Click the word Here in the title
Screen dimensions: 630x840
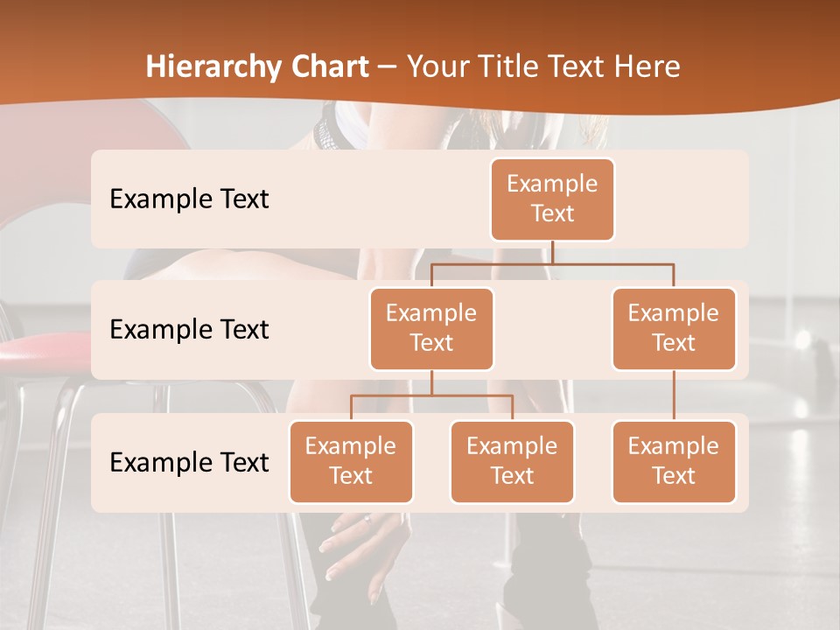point(648,66)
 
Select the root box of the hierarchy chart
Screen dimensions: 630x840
point(552,199)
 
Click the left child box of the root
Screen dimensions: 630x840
point(431,329)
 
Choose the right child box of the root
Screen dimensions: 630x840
point(674,329)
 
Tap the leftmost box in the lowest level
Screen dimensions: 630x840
point(351,462)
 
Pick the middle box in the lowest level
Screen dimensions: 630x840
point(512,462)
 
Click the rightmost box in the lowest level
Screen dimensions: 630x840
point(674,462)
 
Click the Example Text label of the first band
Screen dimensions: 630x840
point(189,199)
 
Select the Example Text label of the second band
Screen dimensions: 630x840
point(189,330)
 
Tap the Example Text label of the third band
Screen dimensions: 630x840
point(189,462)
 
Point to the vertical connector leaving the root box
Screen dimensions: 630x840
point(552,252)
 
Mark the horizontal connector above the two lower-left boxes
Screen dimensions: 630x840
point(431,395)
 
